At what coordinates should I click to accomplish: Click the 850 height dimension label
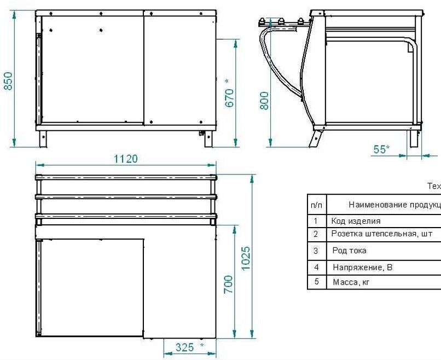pos(8,81)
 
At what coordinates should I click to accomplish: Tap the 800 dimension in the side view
pos(264,101)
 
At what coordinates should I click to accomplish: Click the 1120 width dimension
pos(126,159)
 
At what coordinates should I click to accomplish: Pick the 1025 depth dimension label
pos(246,258)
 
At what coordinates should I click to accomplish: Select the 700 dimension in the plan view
pos(228,284)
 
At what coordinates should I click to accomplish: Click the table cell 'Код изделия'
pos(356,221)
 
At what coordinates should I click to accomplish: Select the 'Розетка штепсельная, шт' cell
pos(382,234)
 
